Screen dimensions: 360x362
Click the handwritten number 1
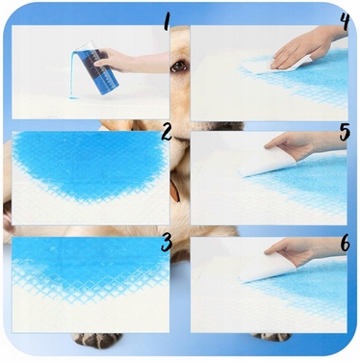[x=166, y=21]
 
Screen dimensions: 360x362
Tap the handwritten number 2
[x=167, y=133]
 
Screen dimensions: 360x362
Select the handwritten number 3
[x=167, y=243]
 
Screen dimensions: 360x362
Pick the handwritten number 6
[x=346, y=245]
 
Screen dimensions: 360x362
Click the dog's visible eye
[x=178, y=66]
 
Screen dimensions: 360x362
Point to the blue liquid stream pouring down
[x=72, y=74]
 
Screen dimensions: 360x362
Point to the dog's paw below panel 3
[x=96, y=340]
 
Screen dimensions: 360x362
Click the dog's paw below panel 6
[x=271, y=336]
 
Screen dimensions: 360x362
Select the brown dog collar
[x=175, y=192]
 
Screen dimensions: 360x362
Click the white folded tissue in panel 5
[x=267, y=163]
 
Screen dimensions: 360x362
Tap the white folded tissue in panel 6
[x=267, y=269]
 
